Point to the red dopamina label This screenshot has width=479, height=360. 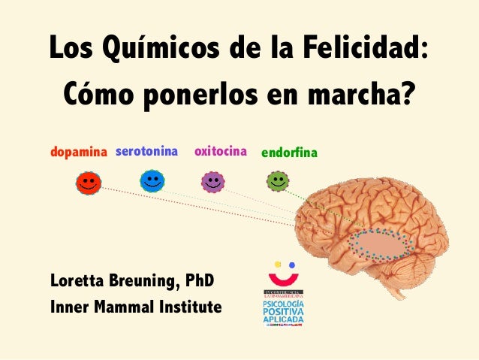pyautogui.click(x=80, y=153)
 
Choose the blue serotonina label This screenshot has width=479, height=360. pyautogui.click(x=147, y=153)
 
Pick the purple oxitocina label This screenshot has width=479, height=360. pyautogui.click(x=221, y=153)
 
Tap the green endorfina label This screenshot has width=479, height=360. pyautogui.click(x=289, y=153)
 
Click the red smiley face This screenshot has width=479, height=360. pyautogui.click(x=88, y=183)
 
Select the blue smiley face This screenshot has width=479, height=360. pyautogui.click(x=152, y=180)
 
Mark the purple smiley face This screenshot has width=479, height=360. pyautogui.click(x=213, y=181)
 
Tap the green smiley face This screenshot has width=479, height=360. pyautogui.click(x=278, y=180)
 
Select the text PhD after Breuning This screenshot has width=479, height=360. pyautogui.click(x=200, y=281)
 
